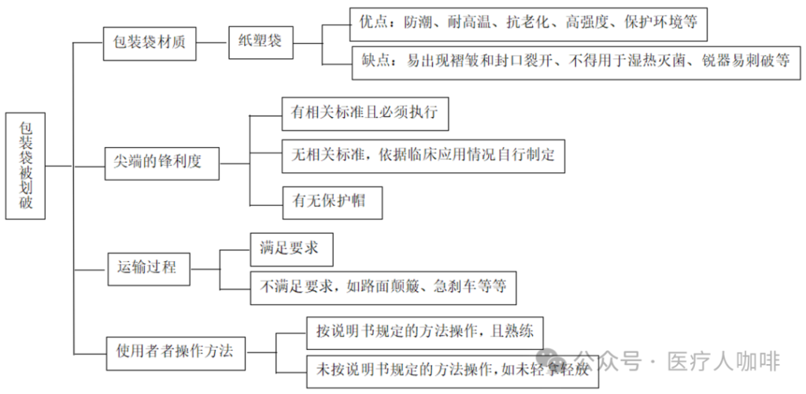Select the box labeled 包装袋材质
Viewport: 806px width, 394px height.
pyautogui.click(x=150, y=41)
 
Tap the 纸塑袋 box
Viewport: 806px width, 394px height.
pyautogui.click(x=260, y=41)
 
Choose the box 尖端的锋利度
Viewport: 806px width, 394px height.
pyautogui.click(x=161, y=162)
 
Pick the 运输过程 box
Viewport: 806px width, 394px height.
pyautogui.click(x=150, y=268)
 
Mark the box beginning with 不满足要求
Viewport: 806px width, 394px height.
pyautogui.click(x=383, y=288)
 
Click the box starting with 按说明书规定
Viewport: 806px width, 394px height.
pyautogui.click(x=424, y=330)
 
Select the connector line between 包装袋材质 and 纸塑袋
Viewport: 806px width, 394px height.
pyautogui.click(x=213, y=41)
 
